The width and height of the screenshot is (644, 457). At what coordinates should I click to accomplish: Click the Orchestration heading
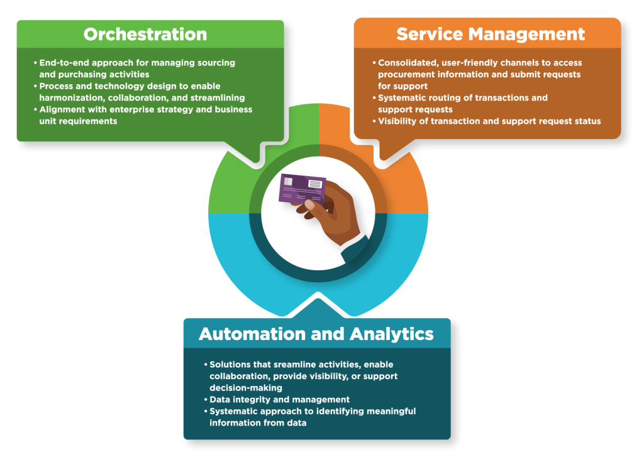click(145, 34)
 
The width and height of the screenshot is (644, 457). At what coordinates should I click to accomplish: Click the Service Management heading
click(491, 34)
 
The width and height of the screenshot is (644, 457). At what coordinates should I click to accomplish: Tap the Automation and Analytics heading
click(316, 334)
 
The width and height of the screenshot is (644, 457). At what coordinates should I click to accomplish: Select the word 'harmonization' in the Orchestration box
click(69, 97)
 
